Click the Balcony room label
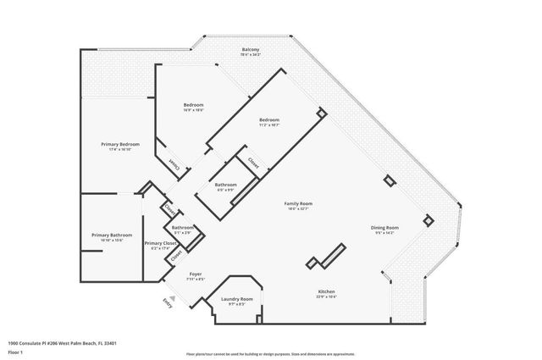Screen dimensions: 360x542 click(250, 50)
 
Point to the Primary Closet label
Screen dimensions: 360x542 click(159, 243)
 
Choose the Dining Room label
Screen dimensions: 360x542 click(384, 228)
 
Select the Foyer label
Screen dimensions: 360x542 click(195, 274)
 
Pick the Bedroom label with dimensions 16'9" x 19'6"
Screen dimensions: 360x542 click(193, 105)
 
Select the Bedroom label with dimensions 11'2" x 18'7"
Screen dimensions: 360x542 click(268, 120)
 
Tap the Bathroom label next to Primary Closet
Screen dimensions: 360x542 click(183, 227)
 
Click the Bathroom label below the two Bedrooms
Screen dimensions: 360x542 click(225, 185)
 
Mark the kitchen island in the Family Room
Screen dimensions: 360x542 click(326, 257)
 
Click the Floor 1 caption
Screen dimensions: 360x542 click(14, 351)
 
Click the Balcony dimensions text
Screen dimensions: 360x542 click(250, 55)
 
